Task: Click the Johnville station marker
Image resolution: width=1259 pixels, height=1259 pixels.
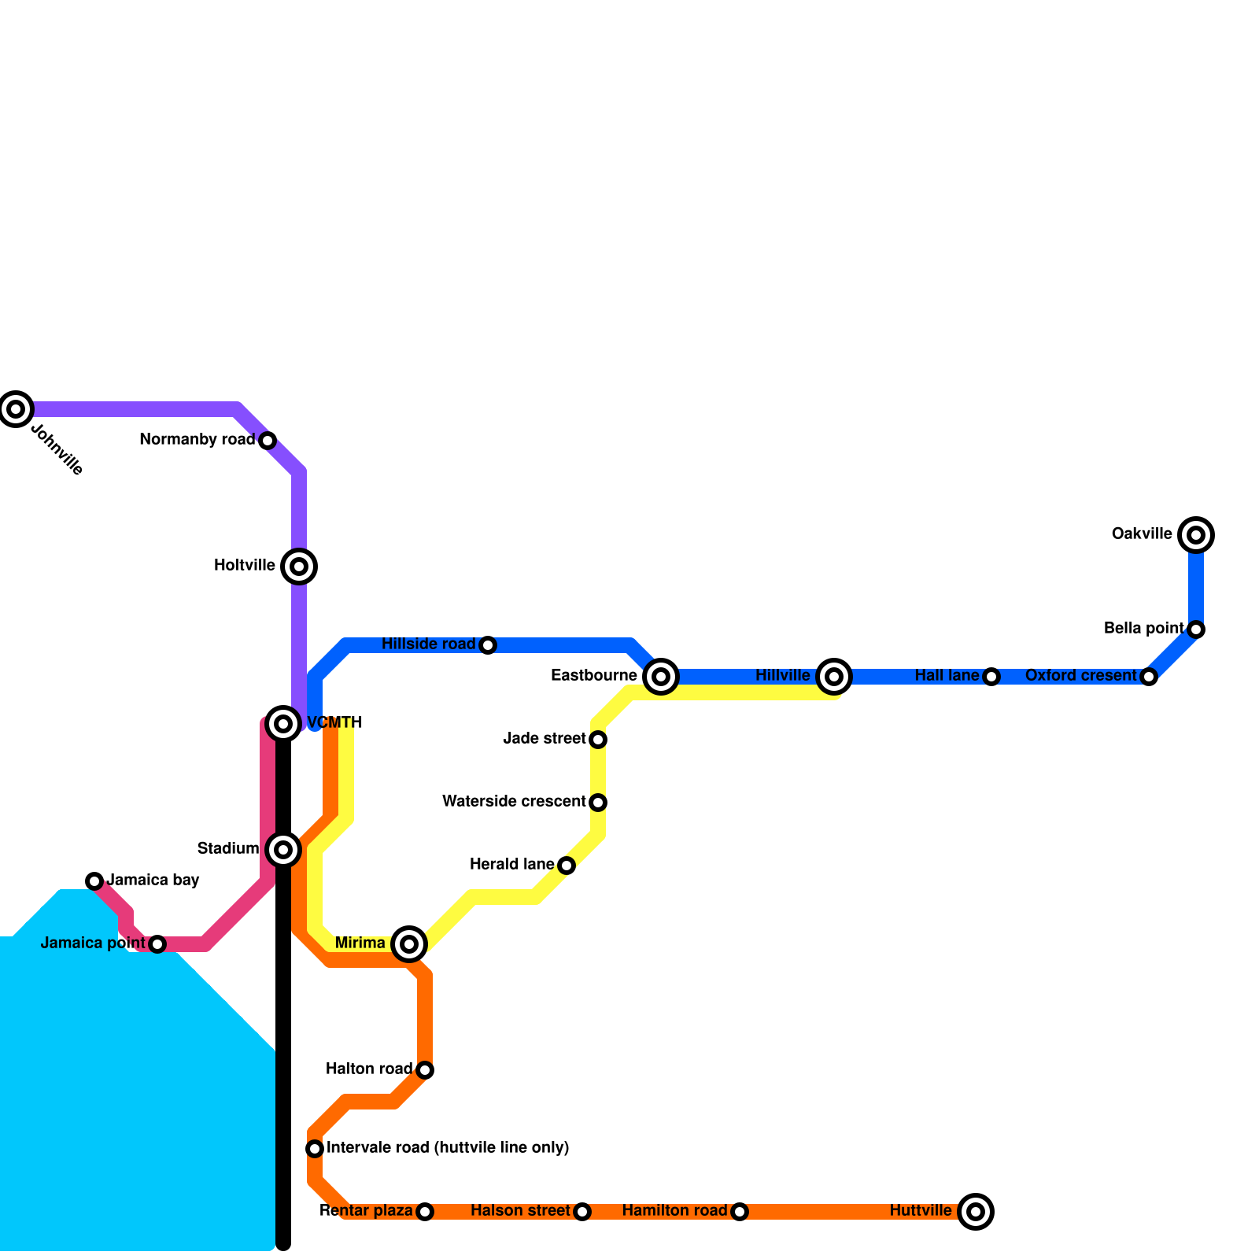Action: coord(16,408)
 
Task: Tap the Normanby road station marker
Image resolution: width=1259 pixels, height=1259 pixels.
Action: coord(268,440)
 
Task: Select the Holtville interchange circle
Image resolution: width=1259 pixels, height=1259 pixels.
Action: coord(299,566)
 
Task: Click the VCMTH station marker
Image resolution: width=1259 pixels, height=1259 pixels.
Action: coord(283,723)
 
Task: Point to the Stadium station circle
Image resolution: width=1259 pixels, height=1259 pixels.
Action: coord(283,849)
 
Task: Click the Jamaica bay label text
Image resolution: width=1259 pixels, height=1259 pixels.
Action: coord(153,880)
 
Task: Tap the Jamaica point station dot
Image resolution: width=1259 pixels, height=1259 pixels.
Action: coord(157,943)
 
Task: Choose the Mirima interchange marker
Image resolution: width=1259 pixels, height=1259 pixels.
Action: coord(409,943)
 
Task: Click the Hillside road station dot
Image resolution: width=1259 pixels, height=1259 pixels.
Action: coord(488,645)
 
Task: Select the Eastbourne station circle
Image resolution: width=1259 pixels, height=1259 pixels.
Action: coord(661,676)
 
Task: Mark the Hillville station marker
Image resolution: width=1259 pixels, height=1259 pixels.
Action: coord(834,676)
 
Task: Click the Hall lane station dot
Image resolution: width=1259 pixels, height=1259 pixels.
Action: coord(991,677)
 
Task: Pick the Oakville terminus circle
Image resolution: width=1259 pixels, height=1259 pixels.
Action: coord(1196,535)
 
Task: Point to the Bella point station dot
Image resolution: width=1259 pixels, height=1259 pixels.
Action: coord(1196,629)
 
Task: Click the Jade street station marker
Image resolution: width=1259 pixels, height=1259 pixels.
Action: coord(598,739)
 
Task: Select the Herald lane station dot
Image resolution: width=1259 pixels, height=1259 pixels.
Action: coord(567,866)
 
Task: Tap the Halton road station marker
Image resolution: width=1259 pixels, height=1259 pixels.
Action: coord(425,1069)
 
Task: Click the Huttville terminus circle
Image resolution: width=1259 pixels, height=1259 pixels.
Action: coord(976,1211)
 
